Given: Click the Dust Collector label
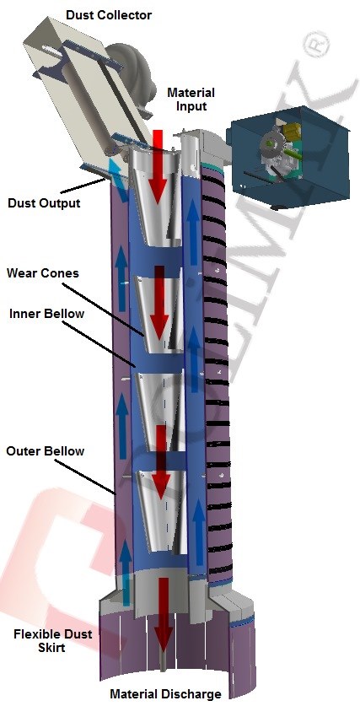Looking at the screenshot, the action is click(x=109, y=15).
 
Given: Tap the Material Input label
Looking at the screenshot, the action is click(x=191, y=100).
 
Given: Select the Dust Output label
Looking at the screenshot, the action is click(x=44, y=203).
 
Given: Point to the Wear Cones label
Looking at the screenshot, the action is click(x=43, y=273).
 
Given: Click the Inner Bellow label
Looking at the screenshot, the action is click(x=46, y=314).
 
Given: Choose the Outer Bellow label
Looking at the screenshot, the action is click(x=45, y=450).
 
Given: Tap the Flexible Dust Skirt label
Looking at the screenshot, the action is click(x=52, y=641).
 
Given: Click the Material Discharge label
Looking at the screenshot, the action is click(x=165, y=693).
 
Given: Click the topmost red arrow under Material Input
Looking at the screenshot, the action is click(x=158, y=167).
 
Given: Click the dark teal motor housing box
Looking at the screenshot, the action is click(x=288, y=155).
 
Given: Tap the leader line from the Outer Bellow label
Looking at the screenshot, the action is click(x=88, y=477).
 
